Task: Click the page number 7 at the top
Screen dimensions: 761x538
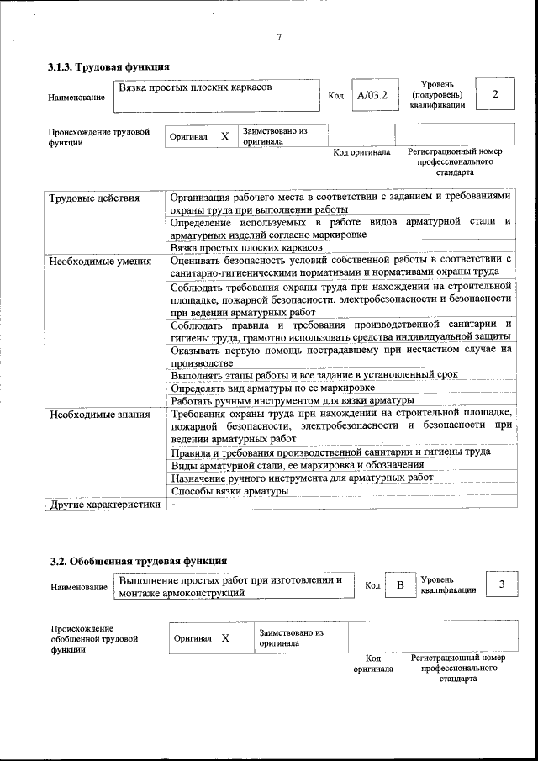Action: (x=278, y=35)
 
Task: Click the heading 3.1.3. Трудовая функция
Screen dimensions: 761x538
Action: (x=109, y=66)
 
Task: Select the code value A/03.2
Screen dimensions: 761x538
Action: (x=372, y=96)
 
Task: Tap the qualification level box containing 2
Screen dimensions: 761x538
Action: (x=495, y=94)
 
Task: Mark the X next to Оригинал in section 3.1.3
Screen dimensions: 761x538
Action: (x=224, y=136)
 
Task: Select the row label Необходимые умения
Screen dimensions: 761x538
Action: (x=99, y=261)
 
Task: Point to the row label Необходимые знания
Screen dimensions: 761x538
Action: (x=99, y=414)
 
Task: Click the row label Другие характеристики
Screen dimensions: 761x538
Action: (x=104, y=505)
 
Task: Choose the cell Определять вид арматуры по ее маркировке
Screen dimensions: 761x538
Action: (x=272, y=388)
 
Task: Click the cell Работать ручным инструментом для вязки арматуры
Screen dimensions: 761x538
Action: (x=293, y=400)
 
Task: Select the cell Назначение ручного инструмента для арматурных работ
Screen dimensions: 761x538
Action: (x=302, y=478)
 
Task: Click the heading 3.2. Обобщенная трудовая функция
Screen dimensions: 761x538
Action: (x=137, y=560)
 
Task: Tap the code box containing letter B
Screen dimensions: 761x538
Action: (x=400, y=585)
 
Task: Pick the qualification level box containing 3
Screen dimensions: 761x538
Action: (x=501, y=584)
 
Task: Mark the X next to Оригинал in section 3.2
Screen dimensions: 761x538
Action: (x=225, y=638)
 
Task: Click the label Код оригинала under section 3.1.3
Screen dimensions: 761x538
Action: (x=361, y=152)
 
